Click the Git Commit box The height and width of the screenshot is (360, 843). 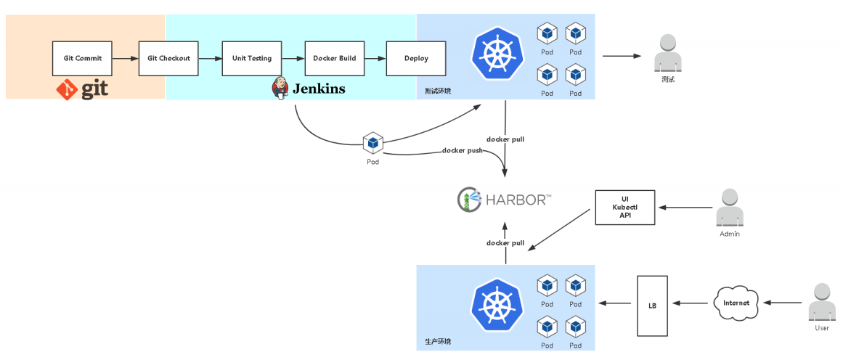pyautogui.click(x=83, y=58)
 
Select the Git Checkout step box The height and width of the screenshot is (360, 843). pyautogui.click(x=168, y=58)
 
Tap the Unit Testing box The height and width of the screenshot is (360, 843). pyautogui.click(x=251, y=58)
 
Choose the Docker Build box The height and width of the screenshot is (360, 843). pyautogui.click(x=334, y=58)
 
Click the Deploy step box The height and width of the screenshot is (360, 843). pyautogui.click(x=416, y=58)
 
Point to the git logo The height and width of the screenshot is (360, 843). pyautogui.click(x=82, y=90)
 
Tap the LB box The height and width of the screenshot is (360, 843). pyautogui.click(x=652, y=306)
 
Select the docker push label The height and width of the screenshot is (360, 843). pyautogui.click(x=463, y=151)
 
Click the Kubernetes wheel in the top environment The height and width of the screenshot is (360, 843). pyautogui.click(x=497, y=51)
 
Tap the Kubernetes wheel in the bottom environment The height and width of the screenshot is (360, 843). pyautogui.click(x=497, y=305)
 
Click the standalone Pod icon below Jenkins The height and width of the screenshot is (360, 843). pyautogui.click(x=372, y=143)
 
